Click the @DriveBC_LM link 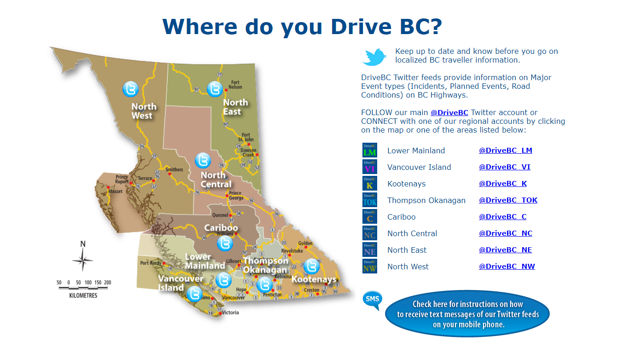(x=505, y=151)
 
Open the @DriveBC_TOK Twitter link (x=508, y=200)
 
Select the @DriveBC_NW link (x=507, y=267)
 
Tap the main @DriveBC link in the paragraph (x=449, y=113)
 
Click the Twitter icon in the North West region (x=131, y=89)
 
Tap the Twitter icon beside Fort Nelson (x=215, y=89)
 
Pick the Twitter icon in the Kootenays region (x=311, y=266)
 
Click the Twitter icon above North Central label (x=203, y=160)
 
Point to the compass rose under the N (x=83, y=260)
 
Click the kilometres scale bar (x=83, y=288)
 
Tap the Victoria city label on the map (x=231, y=313)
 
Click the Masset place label (x=116, y=191)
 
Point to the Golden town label (x=305, y=243)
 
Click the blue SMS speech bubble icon (x=371, y=299)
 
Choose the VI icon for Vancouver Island (x=369, y=167)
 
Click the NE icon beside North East (x=369, y=250)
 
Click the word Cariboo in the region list (x=401, y=217)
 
